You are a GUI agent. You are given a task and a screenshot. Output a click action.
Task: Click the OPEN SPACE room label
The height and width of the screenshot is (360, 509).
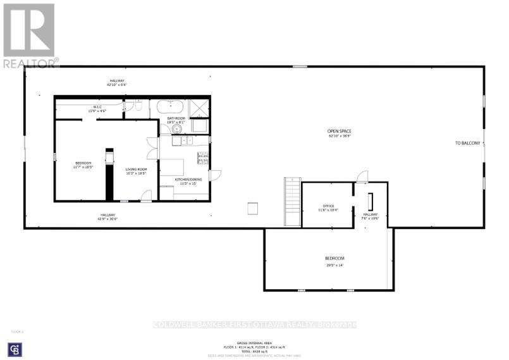(340, 131)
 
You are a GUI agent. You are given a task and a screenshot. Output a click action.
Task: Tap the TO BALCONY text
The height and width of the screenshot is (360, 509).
(468, 143)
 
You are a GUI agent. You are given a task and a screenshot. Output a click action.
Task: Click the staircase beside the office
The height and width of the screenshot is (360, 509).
(291, 201)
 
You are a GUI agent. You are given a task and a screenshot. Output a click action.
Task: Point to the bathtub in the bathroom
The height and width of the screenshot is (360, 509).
(171, 107)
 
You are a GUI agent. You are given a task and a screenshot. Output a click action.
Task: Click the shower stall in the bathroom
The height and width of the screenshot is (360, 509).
(200, 109)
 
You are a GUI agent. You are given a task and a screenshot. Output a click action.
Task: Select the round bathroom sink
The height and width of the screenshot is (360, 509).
(176, 129)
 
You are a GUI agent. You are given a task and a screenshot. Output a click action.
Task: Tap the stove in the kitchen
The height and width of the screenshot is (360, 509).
(203, 158)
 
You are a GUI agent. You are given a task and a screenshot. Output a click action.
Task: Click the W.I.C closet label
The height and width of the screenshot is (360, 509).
(98, 107)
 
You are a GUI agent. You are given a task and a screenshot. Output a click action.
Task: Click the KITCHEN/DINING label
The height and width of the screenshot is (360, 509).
(189, 179)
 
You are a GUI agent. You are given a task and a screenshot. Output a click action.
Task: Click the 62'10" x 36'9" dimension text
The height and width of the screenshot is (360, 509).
(340, 136)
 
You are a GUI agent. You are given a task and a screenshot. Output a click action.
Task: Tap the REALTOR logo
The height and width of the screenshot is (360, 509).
(30, 35)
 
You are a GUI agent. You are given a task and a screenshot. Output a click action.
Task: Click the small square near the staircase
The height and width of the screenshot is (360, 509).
(253, 208)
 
